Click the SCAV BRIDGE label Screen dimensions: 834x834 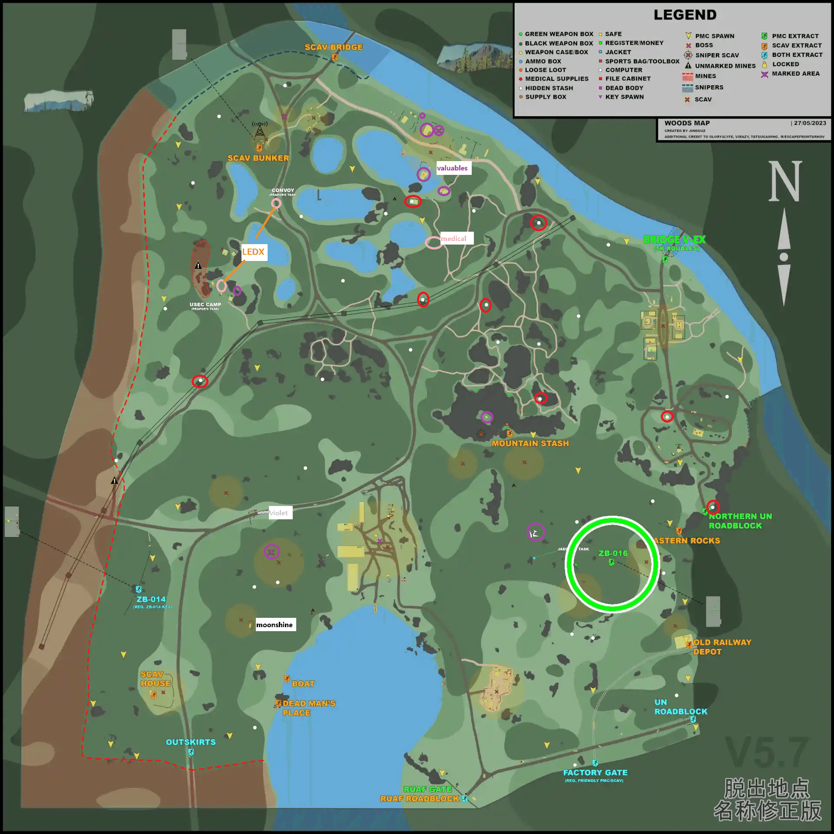click(x=333, y=47)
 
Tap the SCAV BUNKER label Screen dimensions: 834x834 click(x=258, y=158)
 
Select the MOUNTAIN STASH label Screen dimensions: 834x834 click(x=530, y=443)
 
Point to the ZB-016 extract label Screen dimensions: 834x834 click(x=613, y=553)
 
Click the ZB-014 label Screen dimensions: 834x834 click(x=151, y=599)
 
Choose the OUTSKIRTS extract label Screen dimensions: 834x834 click(x=191, y=742)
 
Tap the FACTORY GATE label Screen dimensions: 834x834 click(x=595, y=773)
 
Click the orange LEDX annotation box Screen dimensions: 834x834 click(x=253, y=252)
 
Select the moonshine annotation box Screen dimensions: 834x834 click(x=275, y=625)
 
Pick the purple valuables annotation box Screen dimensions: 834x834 click(x=452, y=168)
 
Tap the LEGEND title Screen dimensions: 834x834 click(x=685, y=15)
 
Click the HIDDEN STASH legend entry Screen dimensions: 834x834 click(x=549, y=88)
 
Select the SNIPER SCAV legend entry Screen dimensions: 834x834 click(x=717, y=55)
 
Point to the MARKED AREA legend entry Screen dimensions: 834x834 click(x=795, y=74)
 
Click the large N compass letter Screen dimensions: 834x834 click(x=785, y=182)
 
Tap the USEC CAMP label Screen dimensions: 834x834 click(x=205, y=305)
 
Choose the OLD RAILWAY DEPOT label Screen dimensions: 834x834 click(x=722, y=647)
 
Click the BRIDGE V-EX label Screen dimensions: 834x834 click(x=674, y=240)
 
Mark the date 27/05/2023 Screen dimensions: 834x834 click(x=810, y=123)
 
